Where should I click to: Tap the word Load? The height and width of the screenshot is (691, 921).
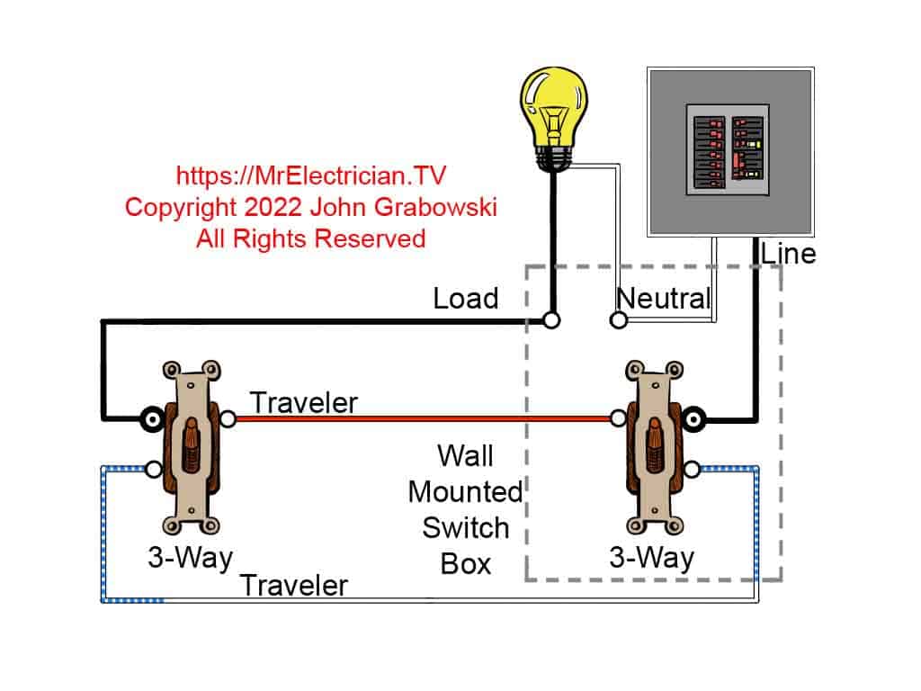465,299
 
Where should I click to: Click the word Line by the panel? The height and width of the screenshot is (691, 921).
788,254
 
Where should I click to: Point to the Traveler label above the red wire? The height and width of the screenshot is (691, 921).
303,402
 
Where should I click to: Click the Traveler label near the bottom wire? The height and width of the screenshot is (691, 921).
293,586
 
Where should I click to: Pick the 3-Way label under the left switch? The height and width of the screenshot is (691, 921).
189,558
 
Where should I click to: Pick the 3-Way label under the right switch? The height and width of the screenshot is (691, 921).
651,558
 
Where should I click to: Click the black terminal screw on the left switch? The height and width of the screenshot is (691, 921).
149,418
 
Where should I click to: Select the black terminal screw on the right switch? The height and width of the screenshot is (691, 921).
694,418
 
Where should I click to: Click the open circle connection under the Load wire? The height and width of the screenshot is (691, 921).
552,319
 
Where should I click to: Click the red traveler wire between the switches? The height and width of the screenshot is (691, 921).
423,418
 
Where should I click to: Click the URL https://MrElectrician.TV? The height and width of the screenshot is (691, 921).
311,175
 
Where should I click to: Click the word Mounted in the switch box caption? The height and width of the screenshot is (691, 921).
465,491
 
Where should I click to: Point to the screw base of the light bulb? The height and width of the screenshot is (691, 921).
552,157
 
